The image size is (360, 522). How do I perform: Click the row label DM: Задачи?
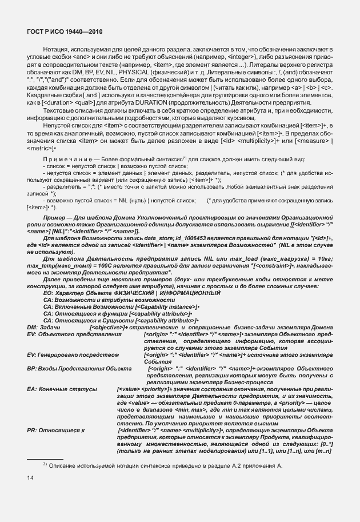tap(43, 326)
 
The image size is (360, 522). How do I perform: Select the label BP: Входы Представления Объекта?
tap(71, 370)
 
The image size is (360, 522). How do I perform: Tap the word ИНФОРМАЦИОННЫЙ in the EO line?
tap(187, 293)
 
